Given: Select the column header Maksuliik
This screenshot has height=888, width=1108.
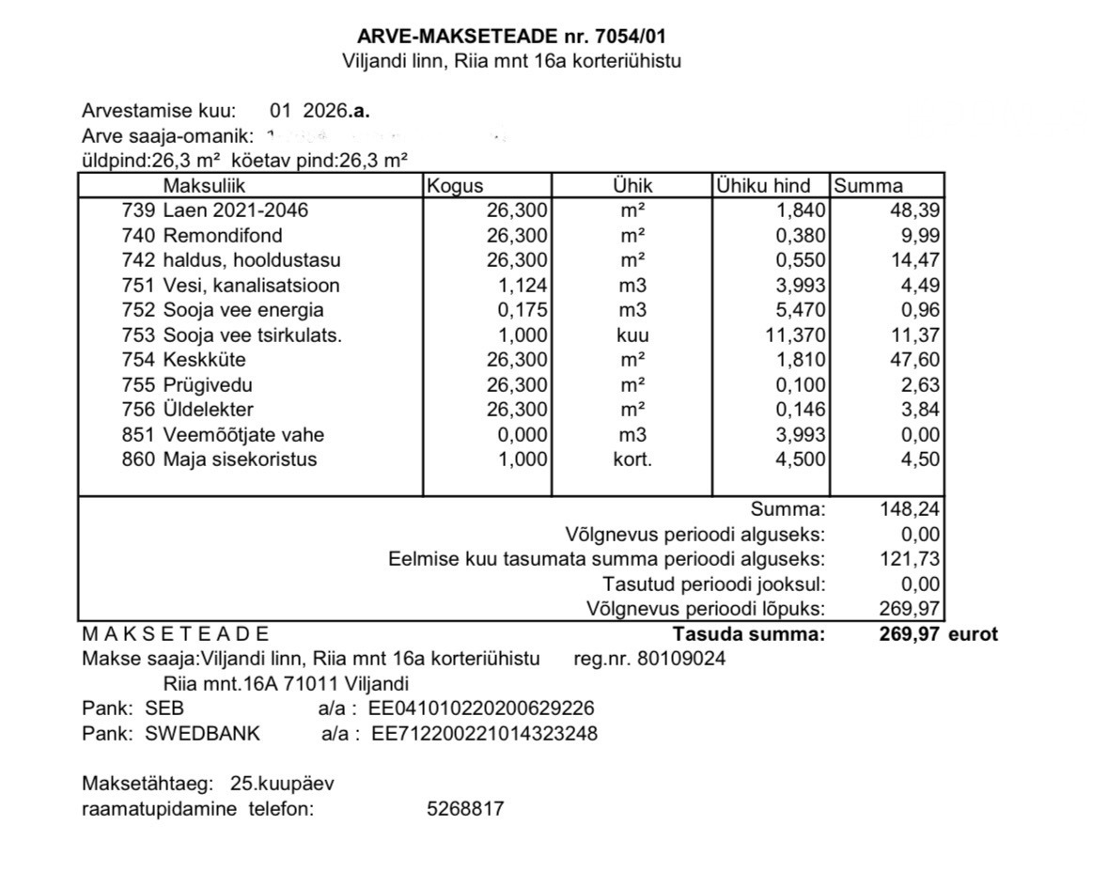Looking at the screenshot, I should coord(204,186).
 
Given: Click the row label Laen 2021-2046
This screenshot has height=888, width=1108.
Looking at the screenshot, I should coord(235,210).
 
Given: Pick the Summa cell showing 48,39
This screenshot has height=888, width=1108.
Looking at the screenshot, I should coord(914,210).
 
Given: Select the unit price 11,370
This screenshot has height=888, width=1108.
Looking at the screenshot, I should coord(796,335).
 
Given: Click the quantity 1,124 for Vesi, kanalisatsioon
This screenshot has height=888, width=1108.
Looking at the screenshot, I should coord(522,286).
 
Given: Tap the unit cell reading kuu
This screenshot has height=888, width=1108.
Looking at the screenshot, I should coord(632,335).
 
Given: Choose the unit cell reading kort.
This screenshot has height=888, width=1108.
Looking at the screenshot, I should coord(632,460).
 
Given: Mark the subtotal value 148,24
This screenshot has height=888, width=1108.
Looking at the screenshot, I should coord(909,509).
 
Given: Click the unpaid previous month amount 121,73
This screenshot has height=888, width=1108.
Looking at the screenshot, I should coord(909,559).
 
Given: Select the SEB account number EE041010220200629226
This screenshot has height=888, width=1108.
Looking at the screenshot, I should coord(483,709).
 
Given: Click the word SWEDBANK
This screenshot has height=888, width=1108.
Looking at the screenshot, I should coord(202,733).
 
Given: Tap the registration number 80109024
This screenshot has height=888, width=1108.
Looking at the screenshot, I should coord(680,659).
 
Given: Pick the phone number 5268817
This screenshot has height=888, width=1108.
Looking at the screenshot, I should coord(465,808).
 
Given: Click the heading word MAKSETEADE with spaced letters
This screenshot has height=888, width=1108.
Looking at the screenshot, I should coord(176,634).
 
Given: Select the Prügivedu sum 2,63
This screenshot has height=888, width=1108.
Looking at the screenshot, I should coord(919,385).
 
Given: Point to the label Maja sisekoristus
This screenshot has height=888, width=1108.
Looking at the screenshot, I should coord(240,460).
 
